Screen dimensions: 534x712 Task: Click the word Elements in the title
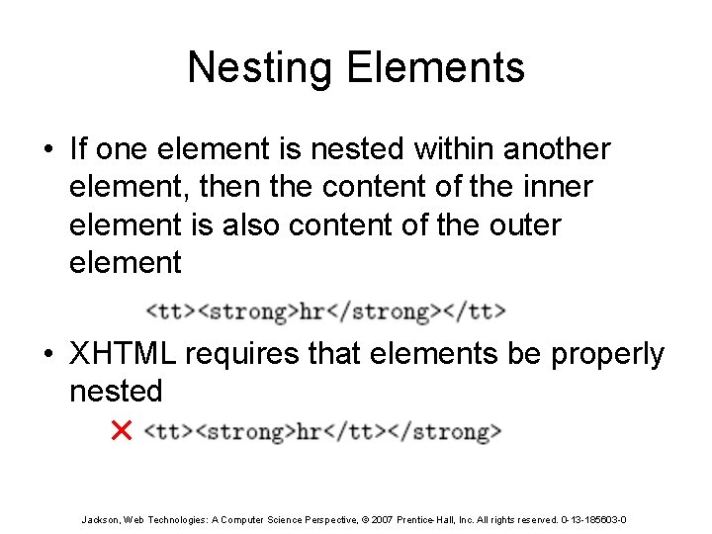point(436,68)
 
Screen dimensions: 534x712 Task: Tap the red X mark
point(122,430)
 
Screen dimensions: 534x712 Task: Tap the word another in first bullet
point(557,149)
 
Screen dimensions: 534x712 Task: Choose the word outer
point(525,224)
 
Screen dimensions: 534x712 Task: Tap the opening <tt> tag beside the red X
point(170,431)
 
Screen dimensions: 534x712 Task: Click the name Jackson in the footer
point(100,519)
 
